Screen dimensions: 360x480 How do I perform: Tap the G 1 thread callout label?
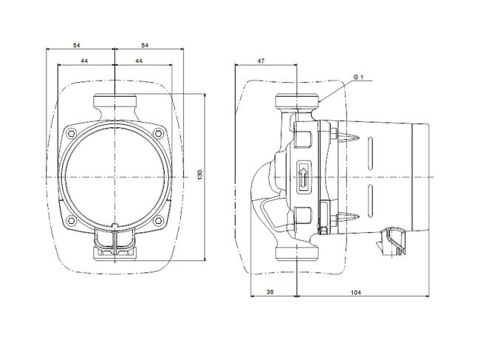click(x=358, y=77)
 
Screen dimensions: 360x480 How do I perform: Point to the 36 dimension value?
click(x=270, y=293)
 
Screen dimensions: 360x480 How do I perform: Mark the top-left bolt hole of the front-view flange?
click(x=72, y=133)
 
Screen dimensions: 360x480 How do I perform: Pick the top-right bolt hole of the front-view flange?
click(x=158, y=133)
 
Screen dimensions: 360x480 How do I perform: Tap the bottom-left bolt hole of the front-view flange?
click(x=72, y=220)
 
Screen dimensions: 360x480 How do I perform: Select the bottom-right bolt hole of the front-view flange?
click(x=158, y=220)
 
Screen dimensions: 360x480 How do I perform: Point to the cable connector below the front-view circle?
click(x=115, y=244)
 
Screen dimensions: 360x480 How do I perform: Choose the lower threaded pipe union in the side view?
click(x=297, y=252)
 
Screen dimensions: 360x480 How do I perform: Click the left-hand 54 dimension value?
click(x=77, y=46)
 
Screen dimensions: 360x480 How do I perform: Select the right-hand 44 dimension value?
click(x=140, y=63)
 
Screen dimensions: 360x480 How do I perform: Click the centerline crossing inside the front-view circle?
click(x=115, y=177)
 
